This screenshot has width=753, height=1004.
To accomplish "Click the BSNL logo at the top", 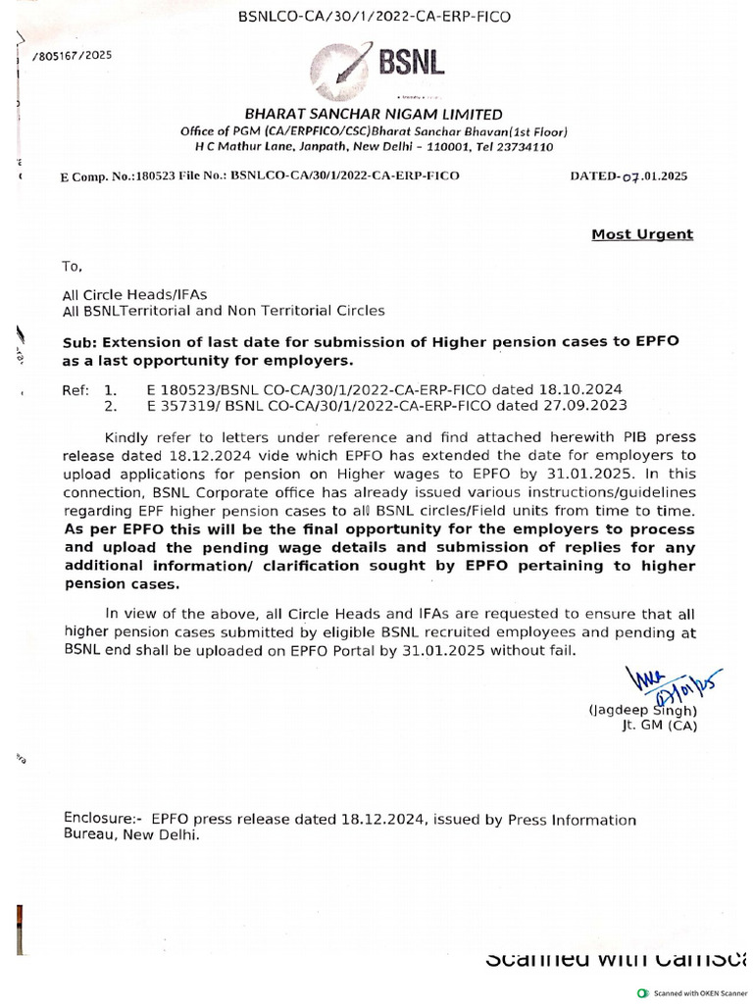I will pyautogui.click(x=377, y=64).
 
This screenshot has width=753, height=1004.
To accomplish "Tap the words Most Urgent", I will pyautogui.click(x=641, y=234).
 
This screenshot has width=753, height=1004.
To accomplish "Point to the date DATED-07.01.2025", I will pyautogui.click(x=628, y=176).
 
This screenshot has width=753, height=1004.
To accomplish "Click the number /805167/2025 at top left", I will pyautogui.click(x=73, y=56).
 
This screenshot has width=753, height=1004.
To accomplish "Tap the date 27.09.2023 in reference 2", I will pyautogui.click(x=589, y=405).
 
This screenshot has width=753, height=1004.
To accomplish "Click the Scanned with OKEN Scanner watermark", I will pyautogui.click(x=699, y=991).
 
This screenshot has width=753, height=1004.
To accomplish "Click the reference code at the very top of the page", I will pyautogui.click(x=376, y=16).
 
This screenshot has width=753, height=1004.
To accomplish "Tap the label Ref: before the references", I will pyautogui.click(x=75, y=389).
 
